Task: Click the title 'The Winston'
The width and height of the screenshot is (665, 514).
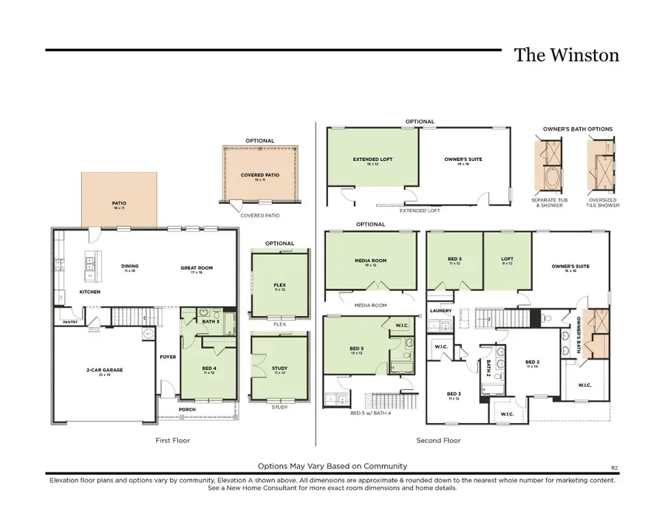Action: click(x=566, y=55)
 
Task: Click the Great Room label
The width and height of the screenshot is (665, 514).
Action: click(x=197, y=268)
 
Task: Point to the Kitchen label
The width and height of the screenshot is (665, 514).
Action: click(x=89, y=292)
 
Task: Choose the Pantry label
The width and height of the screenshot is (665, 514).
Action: click(x=70, y=322)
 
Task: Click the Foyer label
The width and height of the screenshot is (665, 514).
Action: click(x=168, y=357)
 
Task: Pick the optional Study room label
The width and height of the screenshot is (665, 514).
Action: click(x=280, y=369)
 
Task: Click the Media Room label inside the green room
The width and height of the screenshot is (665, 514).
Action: click(x=371, y=261)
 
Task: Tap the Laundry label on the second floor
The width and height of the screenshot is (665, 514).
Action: click(x=440, y=311)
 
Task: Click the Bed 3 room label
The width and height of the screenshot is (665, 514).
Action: click(x=454, y=395)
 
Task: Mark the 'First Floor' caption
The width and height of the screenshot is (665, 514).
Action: click(x=173, y=441)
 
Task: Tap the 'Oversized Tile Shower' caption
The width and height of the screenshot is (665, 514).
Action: click(x=603, y=202)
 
